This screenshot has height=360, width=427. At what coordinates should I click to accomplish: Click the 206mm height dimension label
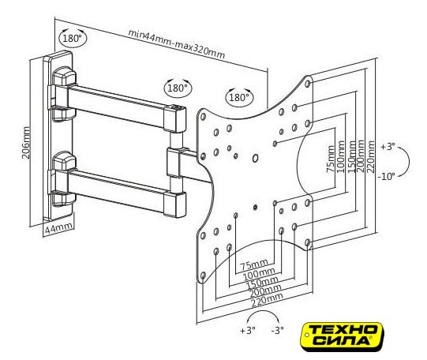[26, 142]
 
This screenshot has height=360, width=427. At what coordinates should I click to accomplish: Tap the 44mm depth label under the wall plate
[59, 227]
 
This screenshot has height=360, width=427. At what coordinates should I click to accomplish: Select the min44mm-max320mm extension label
[177, 44]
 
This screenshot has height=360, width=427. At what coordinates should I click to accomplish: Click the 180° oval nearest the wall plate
[73, 38]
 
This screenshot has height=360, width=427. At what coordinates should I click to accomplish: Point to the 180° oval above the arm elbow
[178, 88]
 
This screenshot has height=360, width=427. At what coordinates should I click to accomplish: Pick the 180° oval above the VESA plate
[239, 97]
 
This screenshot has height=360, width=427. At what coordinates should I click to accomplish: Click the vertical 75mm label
[331, 159]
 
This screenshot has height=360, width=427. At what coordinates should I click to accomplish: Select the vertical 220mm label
[371, 156]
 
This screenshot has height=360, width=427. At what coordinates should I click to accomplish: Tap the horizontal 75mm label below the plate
[254, 264]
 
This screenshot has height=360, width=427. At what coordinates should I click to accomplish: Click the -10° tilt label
[386, 177]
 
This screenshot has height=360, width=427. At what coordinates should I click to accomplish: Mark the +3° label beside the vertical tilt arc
[388, 147]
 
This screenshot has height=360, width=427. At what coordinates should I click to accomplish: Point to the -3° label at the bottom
[278, 330]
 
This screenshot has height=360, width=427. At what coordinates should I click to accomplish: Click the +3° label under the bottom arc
[248, 330]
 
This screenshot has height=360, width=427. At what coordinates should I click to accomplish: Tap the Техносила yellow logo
[342, 336]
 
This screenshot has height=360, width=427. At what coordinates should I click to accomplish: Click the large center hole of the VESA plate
[255, 158]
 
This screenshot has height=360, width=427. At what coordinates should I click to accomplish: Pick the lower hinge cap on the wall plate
[64, 161]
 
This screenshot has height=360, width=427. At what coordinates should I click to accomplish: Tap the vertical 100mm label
[341, 156]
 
